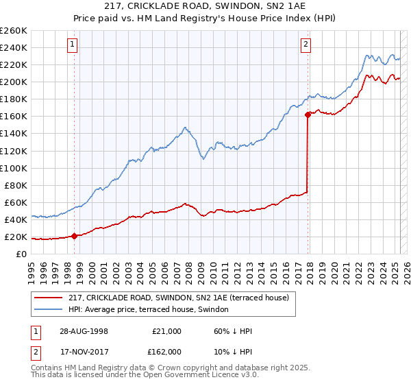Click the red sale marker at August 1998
point(74,236)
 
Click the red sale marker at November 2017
point(308,115)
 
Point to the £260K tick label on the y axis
point(14,30)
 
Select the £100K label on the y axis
point(14,168)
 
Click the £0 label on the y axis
point(21,254)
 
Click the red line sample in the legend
point(48,297)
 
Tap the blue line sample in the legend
point(48,309)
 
